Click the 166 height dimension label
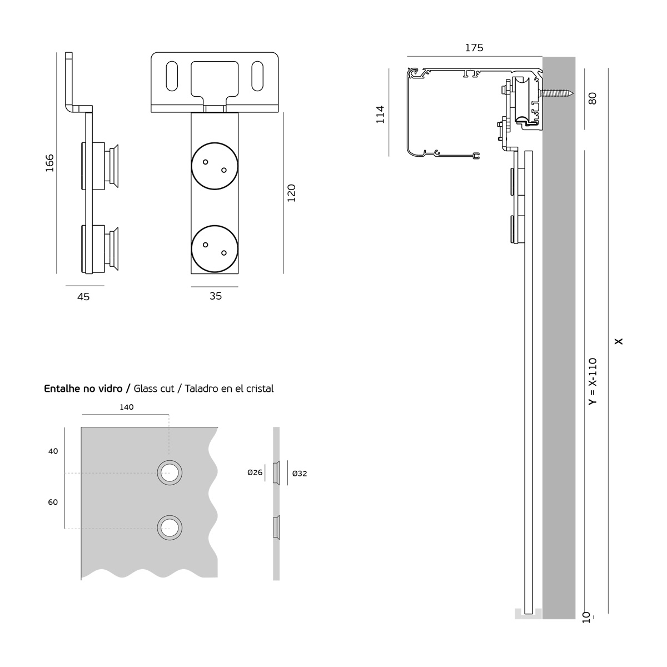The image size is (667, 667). click(49, 163)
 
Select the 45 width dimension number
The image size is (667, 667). click(83, 297)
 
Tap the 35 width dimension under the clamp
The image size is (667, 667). click(216, 296)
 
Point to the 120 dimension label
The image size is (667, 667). click(292, 192)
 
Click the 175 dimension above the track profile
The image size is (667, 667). click(474, 48)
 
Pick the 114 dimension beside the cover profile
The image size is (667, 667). click(380, 115)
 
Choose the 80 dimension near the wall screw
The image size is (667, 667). click(593, 99)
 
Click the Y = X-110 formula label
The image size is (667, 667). click(593, 381)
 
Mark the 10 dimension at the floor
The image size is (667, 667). click(586, 616)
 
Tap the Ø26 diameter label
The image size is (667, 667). click(255, 473)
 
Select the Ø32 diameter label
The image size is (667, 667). click(299, 474)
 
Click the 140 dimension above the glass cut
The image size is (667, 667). click(127, 407)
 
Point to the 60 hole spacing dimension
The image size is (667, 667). click(53, 502)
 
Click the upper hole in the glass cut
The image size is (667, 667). click(169, 473)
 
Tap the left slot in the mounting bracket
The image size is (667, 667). click(172, 77)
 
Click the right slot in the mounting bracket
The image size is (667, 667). click(257, 77)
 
